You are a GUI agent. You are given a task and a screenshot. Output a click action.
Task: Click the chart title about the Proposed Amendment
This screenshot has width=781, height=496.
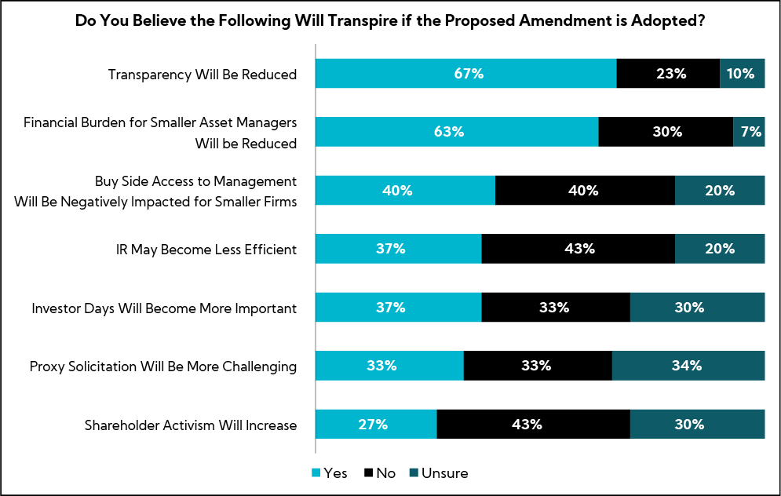coord(390,21)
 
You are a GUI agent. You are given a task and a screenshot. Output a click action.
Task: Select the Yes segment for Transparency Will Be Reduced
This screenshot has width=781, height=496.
coord(465,74)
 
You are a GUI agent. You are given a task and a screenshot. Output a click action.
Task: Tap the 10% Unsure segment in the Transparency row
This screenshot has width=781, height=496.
coord(742,74)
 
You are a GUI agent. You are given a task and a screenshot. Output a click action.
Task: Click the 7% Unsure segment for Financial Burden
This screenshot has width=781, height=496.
coord(749,132)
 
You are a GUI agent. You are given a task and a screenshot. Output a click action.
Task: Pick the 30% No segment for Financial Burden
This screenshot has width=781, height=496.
coord(666,132)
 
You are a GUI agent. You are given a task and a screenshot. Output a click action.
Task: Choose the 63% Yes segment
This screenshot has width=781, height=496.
coord(456,132)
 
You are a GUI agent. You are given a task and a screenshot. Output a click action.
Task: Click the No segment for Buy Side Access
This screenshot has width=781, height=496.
coord(585,191)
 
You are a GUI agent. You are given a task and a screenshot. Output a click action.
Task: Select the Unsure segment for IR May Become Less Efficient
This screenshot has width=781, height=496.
coord(720,249)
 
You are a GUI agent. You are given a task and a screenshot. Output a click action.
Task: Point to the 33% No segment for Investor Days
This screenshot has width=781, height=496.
coord(555,308)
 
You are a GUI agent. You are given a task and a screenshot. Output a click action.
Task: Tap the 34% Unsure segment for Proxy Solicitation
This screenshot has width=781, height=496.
coord(688,366)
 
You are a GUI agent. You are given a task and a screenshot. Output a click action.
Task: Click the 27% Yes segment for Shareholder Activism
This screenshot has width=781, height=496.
coord(375,425)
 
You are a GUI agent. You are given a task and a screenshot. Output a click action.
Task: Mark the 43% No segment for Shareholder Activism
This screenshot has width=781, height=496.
coord(533,425)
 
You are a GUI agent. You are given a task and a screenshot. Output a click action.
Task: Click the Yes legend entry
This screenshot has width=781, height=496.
coord(330,473)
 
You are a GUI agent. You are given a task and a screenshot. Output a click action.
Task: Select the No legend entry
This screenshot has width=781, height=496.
coord(379,473)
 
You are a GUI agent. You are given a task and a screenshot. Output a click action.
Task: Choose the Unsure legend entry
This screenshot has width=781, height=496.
coord(437,473)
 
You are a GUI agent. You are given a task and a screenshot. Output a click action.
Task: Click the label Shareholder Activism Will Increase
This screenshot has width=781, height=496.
coord(191,425)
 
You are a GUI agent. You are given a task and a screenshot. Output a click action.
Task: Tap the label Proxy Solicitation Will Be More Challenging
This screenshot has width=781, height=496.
coord(163,367)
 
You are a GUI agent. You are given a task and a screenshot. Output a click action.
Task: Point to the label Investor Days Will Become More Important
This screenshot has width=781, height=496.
coord(164,308)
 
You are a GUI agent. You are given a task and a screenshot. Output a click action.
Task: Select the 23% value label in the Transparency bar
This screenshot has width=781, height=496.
coord(668,74)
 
